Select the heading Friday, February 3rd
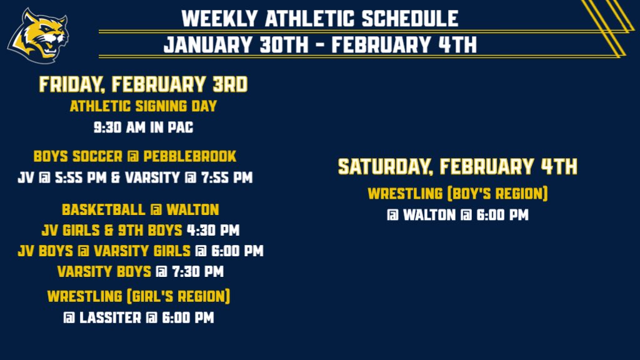[143, 84]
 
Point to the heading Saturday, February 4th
[457, 167]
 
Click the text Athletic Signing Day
[143, 106]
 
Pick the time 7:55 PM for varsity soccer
[225, 177]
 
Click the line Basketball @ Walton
[140, 209]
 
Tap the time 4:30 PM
[212, 231]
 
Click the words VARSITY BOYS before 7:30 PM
[104, 272]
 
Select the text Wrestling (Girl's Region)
[139, 296]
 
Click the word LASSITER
[110, 318]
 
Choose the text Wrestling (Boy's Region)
[457, 194]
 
